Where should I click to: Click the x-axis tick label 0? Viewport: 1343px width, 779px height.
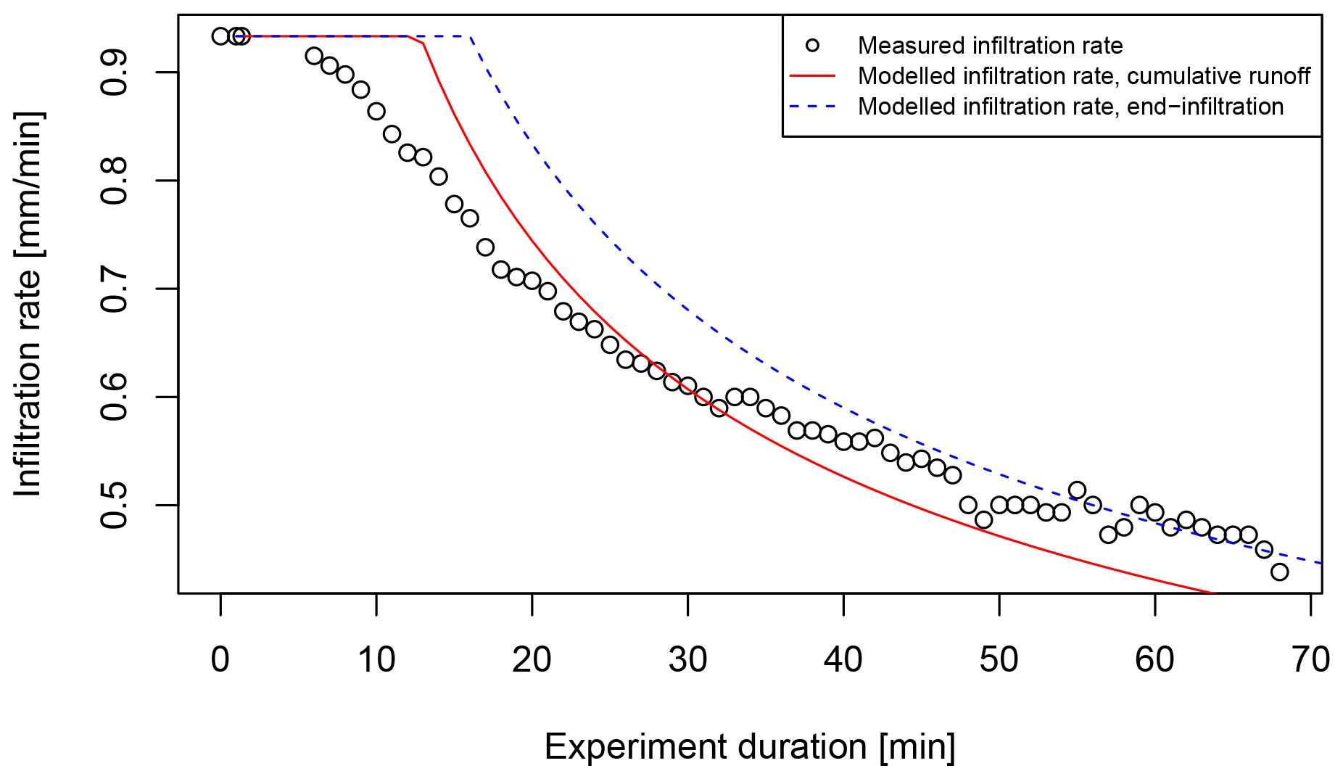tap(220, 660)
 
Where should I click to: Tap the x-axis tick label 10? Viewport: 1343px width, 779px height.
tap(376, 660)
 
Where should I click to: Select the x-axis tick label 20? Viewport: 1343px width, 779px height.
tap(532, 660)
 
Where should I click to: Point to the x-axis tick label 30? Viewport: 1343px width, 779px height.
tap(687, 660)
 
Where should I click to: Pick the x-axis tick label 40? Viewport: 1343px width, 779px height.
tap(843, 660)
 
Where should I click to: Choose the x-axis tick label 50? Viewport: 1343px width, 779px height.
tap(999, 660)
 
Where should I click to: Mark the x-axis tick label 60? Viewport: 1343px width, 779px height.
tap(1154, 660)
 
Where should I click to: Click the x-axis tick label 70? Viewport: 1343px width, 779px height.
tap(1310, 660)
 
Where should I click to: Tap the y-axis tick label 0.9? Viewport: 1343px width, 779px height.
tap(115, 73)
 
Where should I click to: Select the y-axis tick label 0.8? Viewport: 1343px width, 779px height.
tap(115, 181)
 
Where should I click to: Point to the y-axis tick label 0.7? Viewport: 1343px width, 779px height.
tap(115, 289)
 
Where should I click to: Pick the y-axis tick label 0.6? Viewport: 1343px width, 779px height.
tap(115, 397)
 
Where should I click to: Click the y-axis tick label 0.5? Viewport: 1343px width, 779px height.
tap(115, 505)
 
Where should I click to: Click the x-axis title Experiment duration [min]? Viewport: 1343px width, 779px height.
tap(750, 747)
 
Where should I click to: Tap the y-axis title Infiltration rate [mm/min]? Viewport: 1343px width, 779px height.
tap(29, 304)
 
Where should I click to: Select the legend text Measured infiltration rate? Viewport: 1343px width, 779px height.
tap(990, 46)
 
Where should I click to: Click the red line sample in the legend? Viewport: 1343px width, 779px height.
tap(812, 76)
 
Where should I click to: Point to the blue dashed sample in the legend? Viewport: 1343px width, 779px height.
tap(812, 107)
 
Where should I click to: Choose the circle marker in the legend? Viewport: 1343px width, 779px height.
tap(812, 46)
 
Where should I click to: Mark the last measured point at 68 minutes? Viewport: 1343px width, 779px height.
tap(1279, 572)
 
